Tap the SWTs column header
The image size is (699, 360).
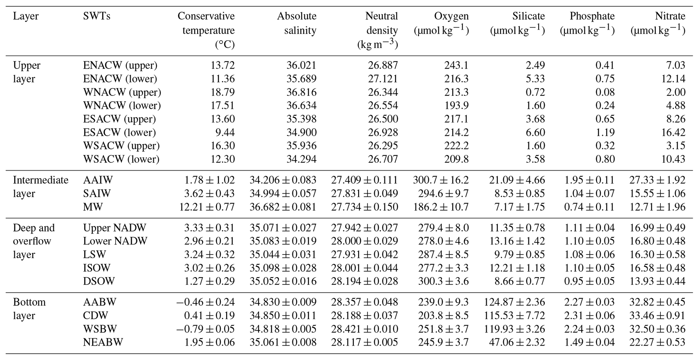tap(96, 16)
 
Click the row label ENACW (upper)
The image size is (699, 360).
tap(120, 65)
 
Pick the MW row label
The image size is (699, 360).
tap(93, 207)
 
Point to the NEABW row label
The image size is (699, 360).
tap(103, 342)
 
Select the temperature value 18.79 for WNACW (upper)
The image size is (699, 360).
tap(223, 92)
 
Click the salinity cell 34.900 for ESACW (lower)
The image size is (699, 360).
tap(301, 132)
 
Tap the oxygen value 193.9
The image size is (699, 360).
tap(457, 106)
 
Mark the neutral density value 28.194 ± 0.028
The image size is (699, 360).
tap(365, 281)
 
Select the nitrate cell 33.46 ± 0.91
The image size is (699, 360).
tap(657, 315)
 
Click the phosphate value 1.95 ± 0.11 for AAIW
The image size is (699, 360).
tap(589, 180)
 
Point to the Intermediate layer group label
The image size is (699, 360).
tap(40, 186)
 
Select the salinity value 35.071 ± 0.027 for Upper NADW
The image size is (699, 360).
tap(283, 228)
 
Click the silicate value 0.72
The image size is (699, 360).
tap(535, 92)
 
